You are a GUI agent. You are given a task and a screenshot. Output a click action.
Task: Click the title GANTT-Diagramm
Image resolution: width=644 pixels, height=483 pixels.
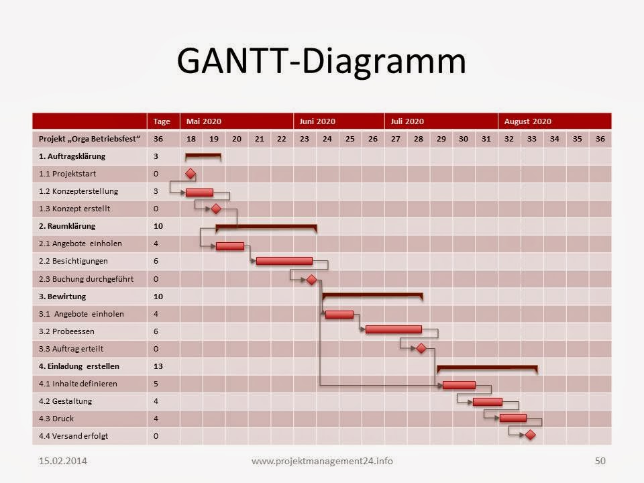click(321, 61)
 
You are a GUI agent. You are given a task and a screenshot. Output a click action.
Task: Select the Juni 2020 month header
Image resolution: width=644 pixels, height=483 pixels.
click(317, 121)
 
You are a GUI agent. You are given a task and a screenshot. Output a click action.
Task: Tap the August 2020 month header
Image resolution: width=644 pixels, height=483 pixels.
click(527, 121)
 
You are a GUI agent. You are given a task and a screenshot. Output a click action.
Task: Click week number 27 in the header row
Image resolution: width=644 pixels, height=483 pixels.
click(396, 139)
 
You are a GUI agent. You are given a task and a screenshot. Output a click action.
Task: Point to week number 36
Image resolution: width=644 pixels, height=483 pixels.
click(600, 139)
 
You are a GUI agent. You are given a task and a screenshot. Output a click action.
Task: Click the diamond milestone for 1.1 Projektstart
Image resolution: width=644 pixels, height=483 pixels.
click(190, 174)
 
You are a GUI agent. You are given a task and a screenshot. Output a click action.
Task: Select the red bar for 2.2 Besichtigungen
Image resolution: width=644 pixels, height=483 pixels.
click(284, 261)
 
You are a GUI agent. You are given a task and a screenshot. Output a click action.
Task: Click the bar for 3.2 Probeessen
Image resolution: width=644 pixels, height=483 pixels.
click(394, 329)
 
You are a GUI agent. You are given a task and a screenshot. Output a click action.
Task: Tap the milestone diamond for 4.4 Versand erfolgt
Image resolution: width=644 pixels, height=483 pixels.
click(530, 435)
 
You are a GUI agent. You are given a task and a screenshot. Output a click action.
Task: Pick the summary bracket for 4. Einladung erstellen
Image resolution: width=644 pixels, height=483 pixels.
click(487, 367)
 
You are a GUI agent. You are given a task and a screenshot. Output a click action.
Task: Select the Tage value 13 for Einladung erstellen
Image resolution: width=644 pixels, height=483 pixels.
click(158, 366)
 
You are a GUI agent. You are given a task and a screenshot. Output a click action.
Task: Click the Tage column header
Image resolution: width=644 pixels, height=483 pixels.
click(162, 121)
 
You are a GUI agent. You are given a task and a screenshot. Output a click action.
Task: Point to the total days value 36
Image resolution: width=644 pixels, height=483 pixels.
click(158, 139)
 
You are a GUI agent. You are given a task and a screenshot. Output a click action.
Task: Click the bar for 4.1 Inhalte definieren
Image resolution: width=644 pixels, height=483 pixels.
click(459, 385)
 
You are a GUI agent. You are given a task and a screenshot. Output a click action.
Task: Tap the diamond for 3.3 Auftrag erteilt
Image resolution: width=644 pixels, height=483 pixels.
click(421, 348)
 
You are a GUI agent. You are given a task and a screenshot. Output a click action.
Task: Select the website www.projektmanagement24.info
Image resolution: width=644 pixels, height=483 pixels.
click(322, 461)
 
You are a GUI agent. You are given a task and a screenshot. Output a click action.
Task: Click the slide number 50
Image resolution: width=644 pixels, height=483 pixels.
click(600, 461)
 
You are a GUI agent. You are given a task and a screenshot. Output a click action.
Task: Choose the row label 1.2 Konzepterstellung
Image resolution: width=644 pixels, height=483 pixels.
click(78, 191)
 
